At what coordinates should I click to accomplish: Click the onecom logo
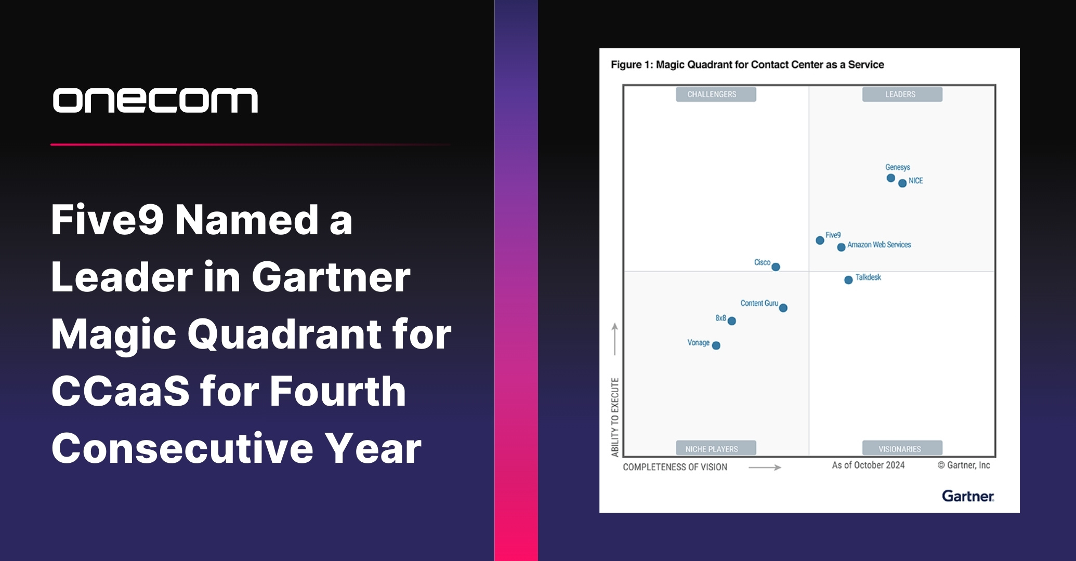pos(155,100)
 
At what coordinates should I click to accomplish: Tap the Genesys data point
pos(891,178)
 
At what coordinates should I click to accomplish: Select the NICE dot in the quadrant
pos(902,183)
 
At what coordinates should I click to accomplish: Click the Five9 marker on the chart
pos(820,241)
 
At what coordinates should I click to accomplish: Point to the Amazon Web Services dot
pos(841,247)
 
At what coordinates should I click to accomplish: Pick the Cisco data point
pos(776,267)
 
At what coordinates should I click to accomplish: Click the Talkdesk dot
pos(848,280)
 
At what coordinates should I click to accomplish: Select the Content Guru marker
pos(783,308)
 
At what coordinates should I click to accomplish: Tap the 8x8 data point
pos(732,321)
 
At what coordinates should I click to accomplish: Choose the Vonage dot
pos(716,345)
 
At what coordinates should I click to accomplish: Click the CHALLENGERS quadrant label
pos(712,95)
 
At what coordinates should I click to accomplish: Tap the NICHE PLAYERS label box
pos(712,449)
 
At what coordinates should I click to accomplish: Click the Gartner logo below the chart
pos(968,496)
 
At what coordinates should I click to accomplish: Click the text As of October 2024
pos(868,465)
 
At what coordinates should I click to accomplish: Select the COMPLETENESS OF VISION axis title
pos(675,467)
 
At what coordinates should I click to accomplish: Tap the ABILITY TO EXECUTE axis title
pos(615,417)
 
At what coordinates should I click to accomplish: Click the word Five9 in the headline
pos(108,220)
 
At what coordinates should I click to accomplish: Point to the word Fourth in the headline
pos(338,391)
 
